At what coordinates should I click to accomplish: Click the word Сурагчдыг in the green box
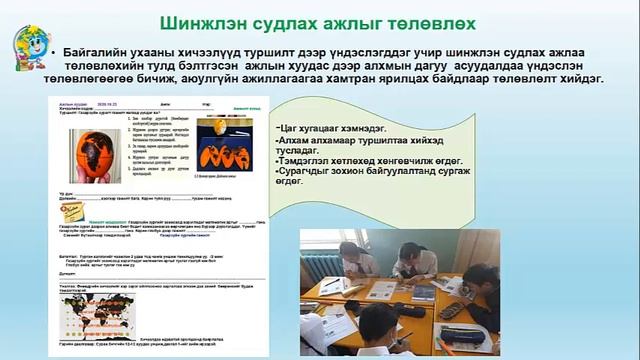pos(312,174)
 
